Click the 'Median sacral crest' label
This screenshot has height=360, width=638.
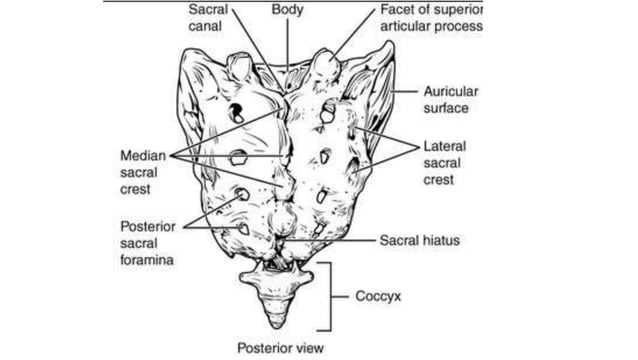coord(142,173)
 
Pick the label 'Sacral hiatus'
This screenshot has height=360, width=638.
coord(419,240)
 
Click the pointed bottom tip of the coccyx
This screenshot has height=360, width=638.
coord(276,327)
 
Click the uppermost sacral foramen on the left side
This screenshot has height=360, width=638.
coord(236,112)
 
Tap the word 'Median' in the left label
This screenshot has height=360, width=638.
coord(142,156)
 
